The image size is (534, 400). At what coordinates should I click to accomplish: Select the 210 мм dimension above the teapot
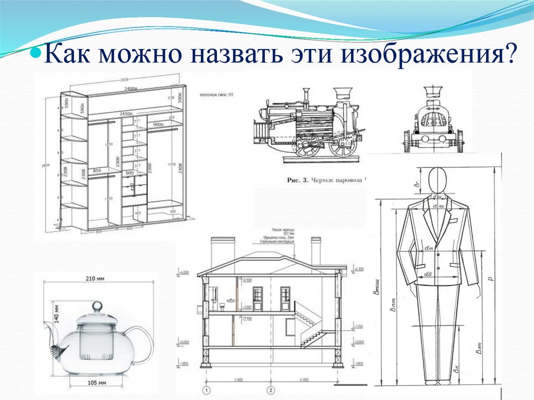[x=95, y=279]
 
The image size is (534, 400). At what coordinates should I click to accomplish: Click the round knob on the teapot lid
[x=97, y=307]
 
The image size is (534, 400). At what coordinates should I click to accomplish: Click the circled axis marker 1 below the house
[x=207, y=390]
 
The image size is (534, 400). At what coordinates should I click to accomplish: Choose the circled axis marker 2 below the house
[x=270, y=390]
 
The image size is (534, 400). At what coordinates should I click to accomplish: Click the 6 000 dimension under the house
[x=304, y=380]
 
